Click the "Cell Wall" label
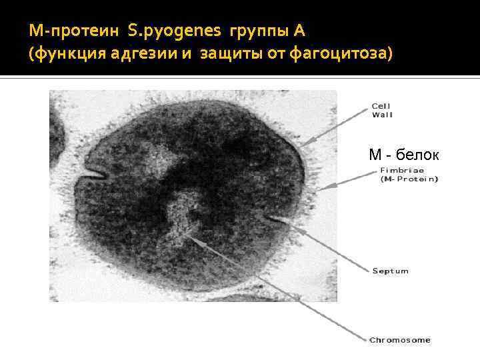click(382, 110)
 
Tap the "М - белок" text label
click(404, 155)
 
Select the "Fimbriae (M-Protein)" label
click(407, 175)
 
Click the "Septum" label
click(390, 271)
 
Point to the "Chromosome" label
click(400, 339)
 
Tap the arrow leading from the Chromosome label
click(280, 287)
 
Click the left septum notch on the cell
click(93, 175)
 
